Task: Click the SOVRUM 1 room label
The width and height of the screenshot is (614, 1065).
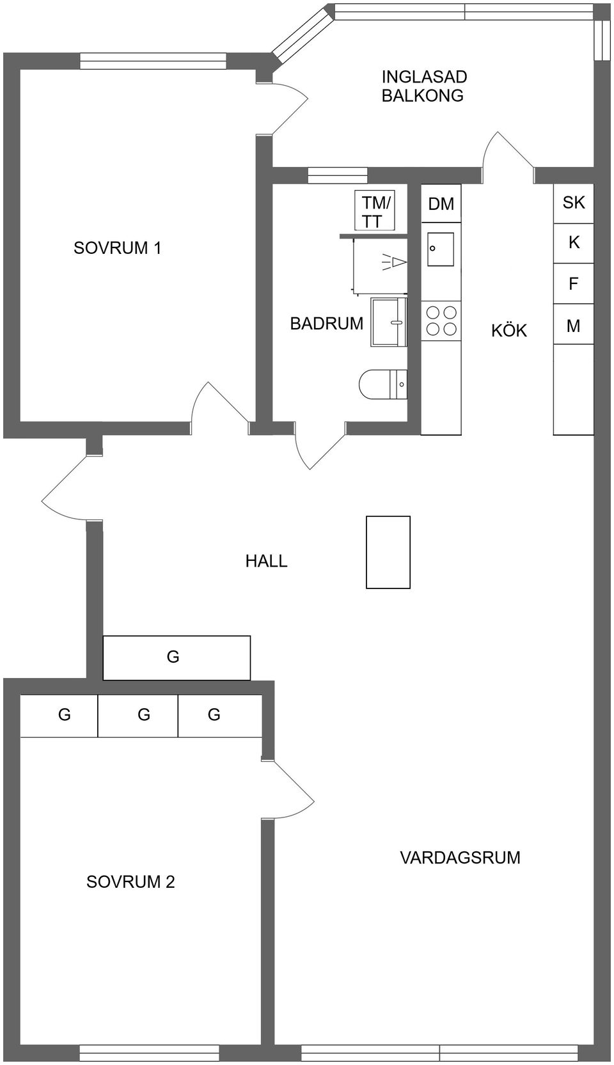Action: pos(117,248)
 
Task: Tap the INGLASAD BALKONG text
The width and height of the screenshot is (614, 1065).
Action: pos(424,86)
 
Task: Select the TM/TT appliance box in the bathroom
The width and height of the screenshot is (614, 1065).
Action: pos(375,211)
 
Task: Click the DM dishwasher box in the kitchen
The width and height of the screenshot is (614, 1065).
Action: pos(441,204)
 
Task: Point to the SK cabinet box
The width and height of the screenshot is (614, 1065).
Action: pos(573,203)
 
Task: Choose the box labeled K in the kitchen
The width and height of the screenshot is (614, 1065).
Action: pos(573,243)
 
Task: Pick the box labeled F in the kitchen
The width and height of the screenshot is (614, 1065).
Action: pos(573,283)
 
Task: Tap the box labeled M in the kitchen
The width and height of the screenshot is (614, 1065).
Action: pos(573,326)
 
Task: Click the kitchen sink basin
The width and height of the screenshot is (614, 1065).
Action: pos(441,249)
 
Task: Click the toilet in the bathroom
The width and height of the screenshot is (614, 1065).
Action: pos(382,384)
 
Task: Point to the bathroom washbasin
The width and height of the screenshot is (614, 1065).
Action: pos(388,322)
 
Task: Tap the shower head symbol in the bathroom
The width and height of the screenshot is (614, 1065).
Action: pos(395,262)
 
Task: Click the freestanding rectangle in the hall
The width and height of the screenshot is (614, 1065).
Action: pos(388,552)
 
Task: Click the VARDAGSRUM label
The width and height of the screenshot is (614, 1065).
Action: pos(460,858)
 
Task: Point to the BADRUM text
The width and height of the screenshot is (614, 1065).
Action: pos(326,324)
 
